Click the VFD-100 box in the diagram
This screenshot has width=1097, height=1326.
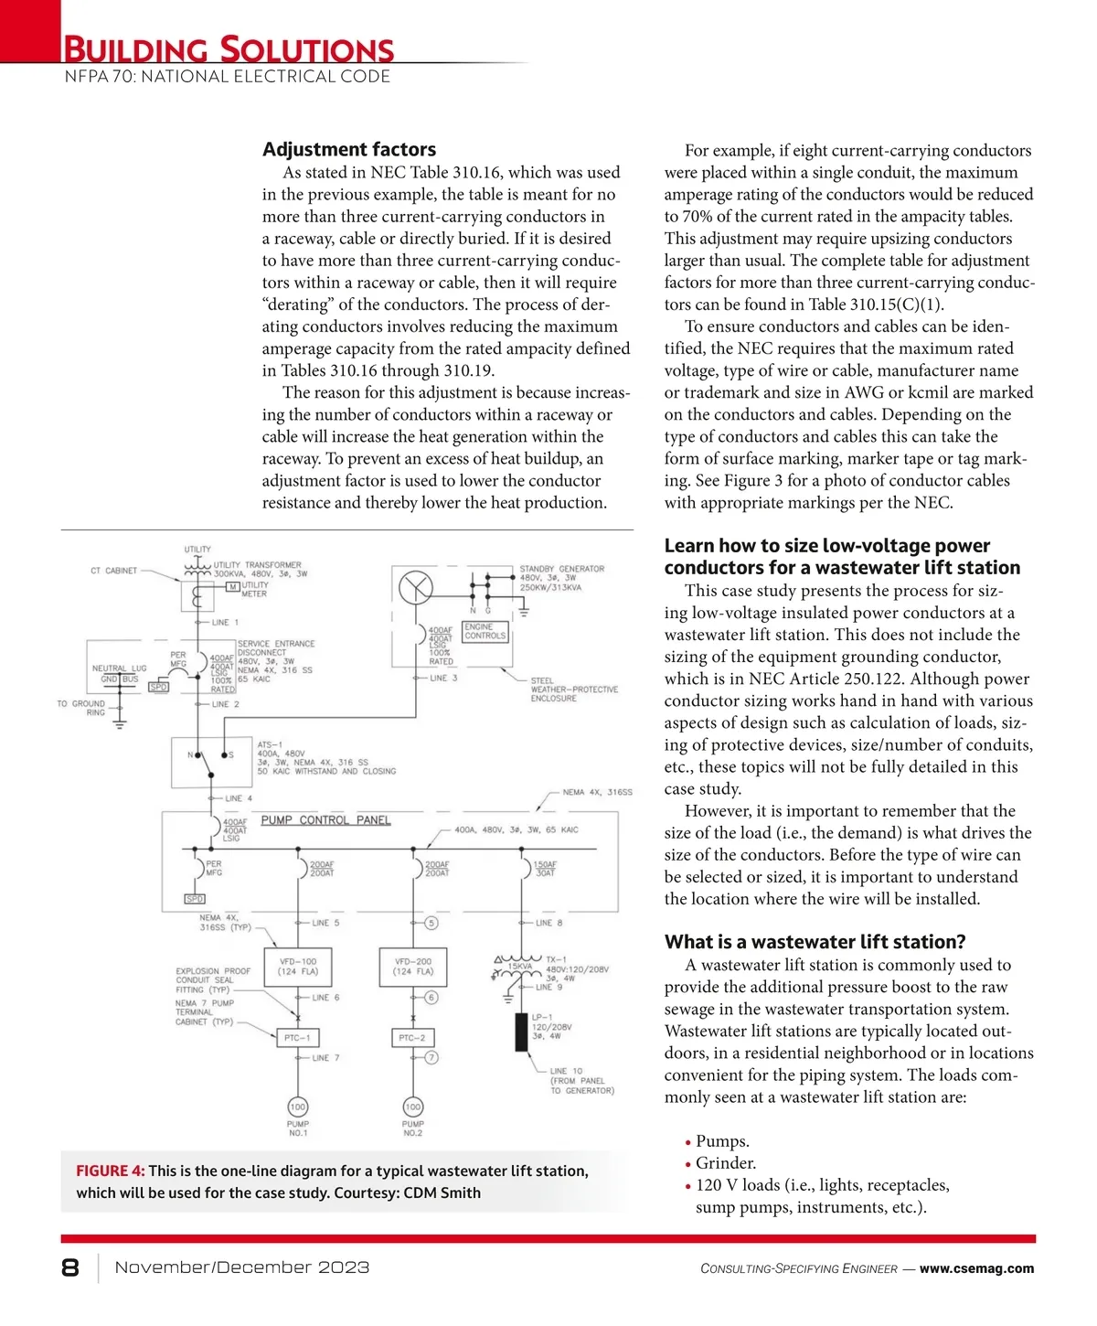click(298, 967)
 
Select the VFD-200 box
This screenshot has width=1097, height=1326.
click(413, 967)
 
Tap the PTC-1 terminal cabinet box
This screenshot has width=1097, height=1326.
click(298, 1038)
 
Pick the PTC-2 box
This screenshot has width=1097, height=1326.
click(412, 1038)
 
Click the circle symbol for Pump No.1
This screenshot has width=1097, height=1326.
click(298, 1107)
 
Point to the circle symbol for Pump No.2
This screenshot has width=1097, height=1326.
click(413, 1107)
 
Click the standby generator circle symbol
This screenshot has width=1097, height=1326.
click(416, 586)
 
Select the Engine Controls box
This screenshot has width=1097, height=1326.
click(485, 631)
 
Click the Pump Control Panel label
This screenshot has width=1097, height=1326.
click(325, 820)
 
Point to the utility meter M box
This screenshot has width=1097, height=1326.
click(233, 586)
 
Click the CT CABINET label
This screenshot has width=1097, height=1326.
click(114, 571)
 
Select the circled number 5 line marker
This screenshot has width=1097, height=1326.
click(431, 923)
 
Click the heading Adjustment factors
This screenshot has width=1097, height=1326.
click(349, 149)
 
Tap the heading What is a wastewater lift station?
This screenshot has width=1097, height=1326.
click(815, 942)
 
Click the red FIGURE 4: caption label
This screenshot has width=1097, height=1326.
click(110, 1171)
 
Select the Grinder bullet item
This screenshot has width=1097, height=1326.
click(726, 1163)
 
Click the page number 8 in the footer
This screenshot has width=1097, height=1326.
click(70, 1267)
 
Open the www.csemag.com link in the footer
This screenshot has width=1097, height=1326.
click(976, 1268)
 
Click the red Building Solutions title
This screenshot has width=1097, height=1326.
click(229, 49)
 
